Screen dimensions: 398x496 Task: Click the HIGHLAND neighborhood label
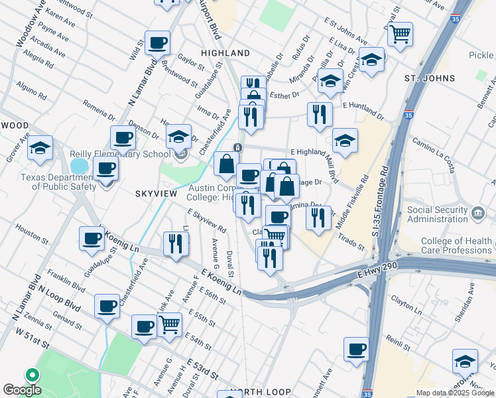click(x=226, y=53)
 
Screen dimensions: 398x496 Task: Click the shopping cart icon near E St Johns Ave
click(x=400, y=34)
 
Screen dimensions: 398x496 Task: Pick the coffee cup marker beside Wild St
click(x=157, y=44)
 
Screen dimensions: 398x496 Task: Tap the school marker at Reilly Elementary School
click(x=178, y=137)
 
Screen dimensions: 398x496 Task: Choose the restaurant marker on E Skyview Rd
click(x=176, y=243)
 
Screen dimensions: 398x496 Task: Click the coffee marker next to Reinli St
click(x=357, y=350)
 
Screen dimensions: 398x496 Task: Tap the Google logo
click(x=22, y=390)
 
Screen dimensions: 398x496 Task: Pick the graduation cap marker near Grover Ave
click(x=40, y=149)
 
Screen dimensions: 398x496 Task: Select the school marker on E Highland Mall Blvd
click(x=345, y=141)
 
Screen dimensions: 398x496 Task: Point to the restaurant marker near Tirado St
click(x=318, y=218)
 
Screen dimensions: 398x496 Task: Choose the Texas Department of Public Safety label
click(x=56, y=182)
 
